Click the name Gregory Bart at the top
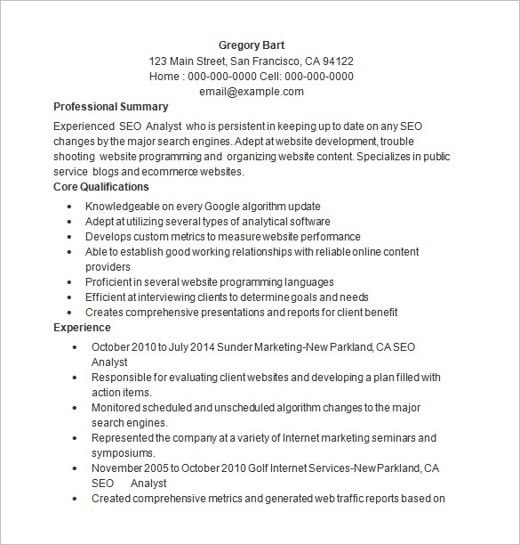[252, 45]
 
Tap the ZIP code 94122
[338, 61]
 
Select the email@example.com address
[252, 92]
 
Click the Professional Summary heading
[111, 107]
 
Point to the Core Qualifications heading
[101, 187]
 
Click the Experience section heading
[82, 328]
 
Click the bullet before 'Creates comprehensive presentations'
[69, 313]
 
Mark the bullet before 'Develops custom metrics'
[69, 237]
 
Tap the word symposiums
[124, 453]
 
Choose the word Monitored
[117, 408]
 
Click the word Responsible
[123, 378]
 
